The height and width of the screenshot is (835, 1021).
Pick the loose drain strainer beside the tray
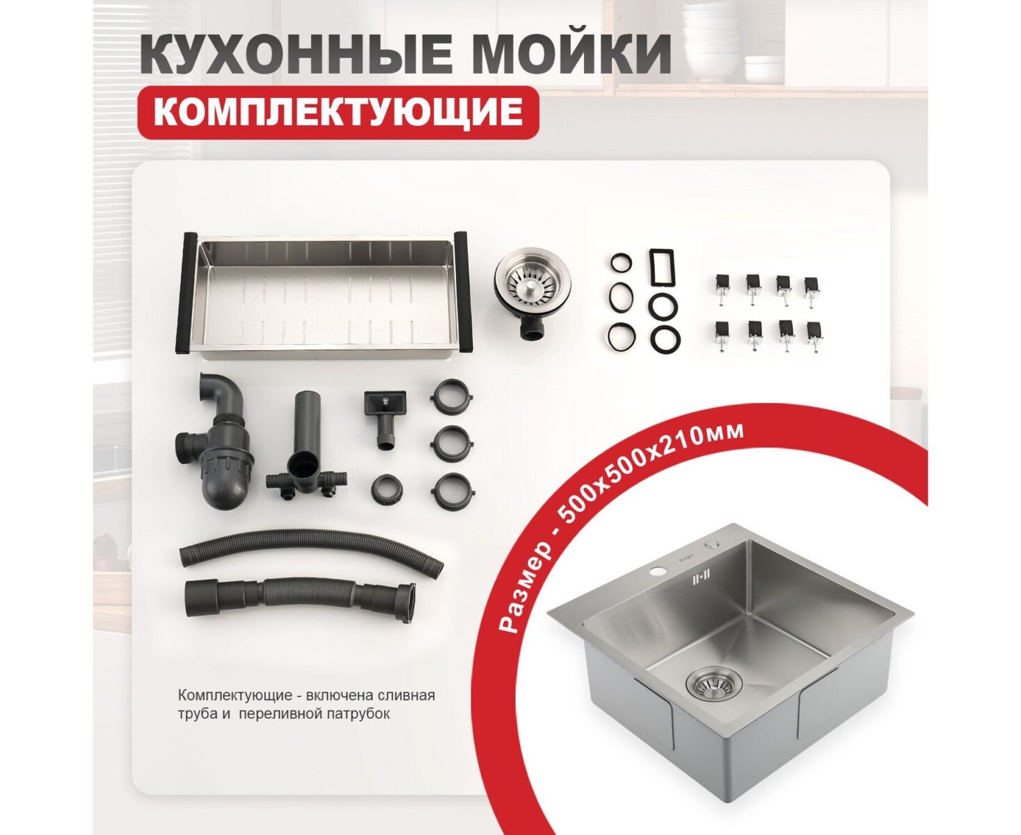click(533, 287)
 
